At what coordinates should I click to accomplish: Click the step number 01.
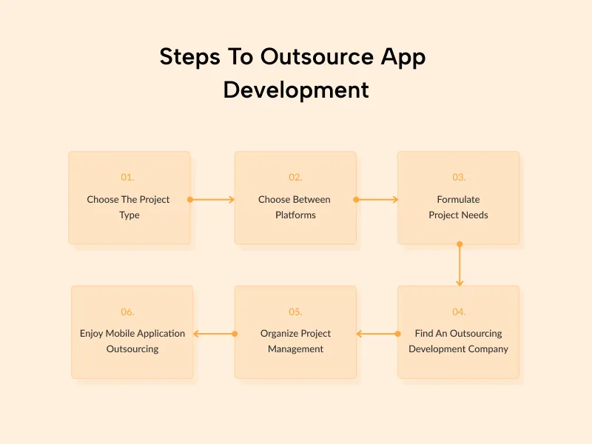click(128, 178)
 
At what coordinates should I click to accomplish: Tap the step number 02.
click(295, 178)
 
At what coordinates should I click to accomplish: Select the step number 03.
click(459, 178)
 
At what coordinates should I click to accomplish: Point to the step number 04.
click(459, 312)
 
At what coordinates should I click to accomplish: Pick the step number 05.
click(295, 312)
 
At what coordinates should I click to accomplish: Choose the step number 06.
click(128, 312)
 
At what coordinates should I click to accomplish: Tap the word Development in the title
click(296, 90)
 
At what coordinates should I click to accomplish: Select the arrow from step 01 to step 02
click(212, 199)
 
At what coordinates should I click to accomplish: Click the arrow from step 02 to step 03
click(377, 199)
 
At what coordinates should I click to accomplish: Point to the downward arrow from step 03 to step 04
click(460, 264)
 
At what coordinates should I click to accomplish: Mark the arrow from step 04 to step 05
click(377, 334)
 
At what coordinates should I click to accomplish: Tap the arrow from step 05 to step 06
click(214, 334)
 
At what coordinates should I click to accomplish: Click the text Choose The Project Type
click(129, 207)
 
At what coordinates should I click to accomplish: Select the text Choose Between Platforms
click(295, 207)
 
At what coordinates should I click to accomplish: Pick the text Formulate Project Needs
click(459, 207)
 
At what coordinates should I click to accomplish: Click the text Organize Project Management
click(295, 341)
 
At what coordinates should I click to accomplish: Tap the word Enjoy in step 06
click(92, 334)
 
